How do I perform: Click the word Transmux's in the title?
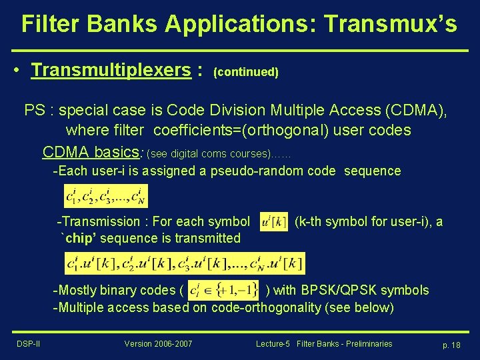[x=390, y=24]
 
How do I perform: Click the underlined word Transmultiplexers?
[x=111, y=70]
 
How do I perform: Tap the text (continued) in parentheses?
[x=245, y=72]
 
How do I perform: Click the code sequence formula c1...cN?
[x=105, y=196]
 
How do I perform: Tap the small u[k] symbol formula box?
[x=273, y=222]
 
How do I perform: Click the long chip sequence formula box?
[x=185, y=263]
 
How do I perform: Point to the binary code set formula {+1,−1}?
[x=224, y=290]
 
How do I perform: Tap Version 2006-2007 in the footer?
[x=158, y=344]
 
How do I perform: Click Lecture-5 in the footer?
[x=273, y=344]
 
